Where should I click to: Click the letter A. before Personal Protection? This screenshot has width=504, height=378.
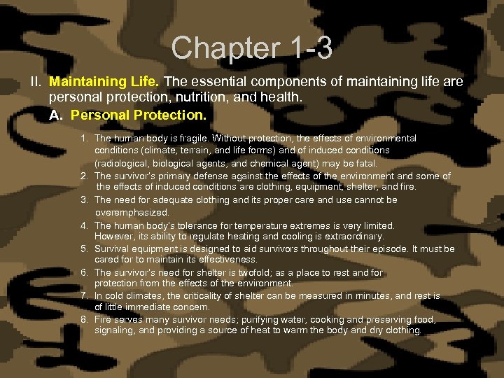tap(56, 114)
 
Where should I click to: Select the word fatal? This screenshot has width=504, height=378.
tap(365, 163)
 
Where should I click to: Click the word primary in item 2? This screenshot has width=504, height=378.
tap(164, 176)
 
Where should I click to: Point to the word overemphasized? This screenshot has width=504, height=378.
tap(132, 212)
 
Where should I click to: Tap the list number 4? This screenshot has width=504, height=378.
tap(83, 225)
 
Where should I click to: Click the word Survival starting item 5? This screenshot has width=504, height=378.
tap(111, 249)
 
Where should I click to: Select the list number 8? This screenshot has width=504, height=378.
tap(83, 320)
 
